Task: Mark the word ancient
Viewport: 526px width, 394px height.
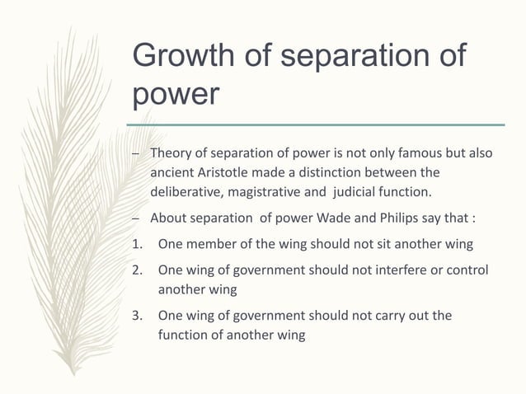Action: [x=172, y=172]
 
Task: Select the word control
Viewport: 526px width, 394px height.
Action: [x=467, y=270]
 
